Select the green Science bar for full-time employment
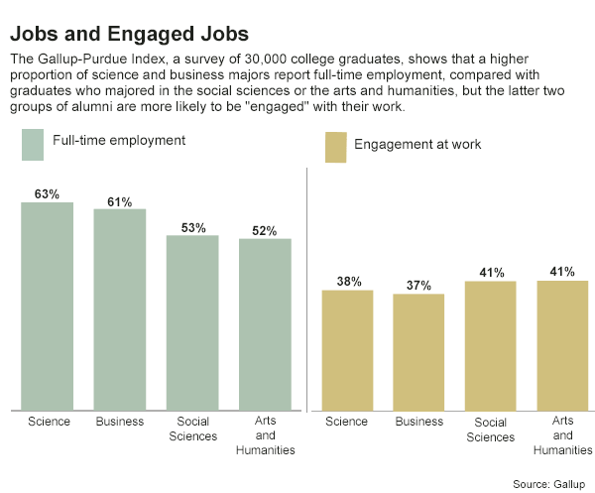click(x=48, y=305)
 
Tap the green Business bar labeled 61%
click(x=120, y=308)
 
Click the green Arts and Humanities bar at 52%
click(x=265, y=323)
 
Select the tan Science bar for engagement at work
click(x=346, y=348)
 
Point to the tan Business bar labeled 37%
click(x=418, y=350)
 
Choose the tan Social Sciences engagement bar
click(x=491, y=344)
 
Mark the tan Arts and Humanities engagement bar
click(x=562, y=344)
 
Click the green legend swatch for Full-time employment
click(x=33, y=144)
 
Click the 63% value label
click(x=48, y=193)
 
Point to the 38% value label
click(x=347, y=281)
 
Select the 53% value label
click(x=192, y=227)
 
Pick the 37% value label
click(x=418, y=286)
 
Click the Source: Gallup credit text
click(x=549, y=483)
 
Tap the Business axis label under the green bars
click(x=120, y=422)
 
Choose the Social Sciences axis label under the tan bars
click(x=491, y=429)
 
